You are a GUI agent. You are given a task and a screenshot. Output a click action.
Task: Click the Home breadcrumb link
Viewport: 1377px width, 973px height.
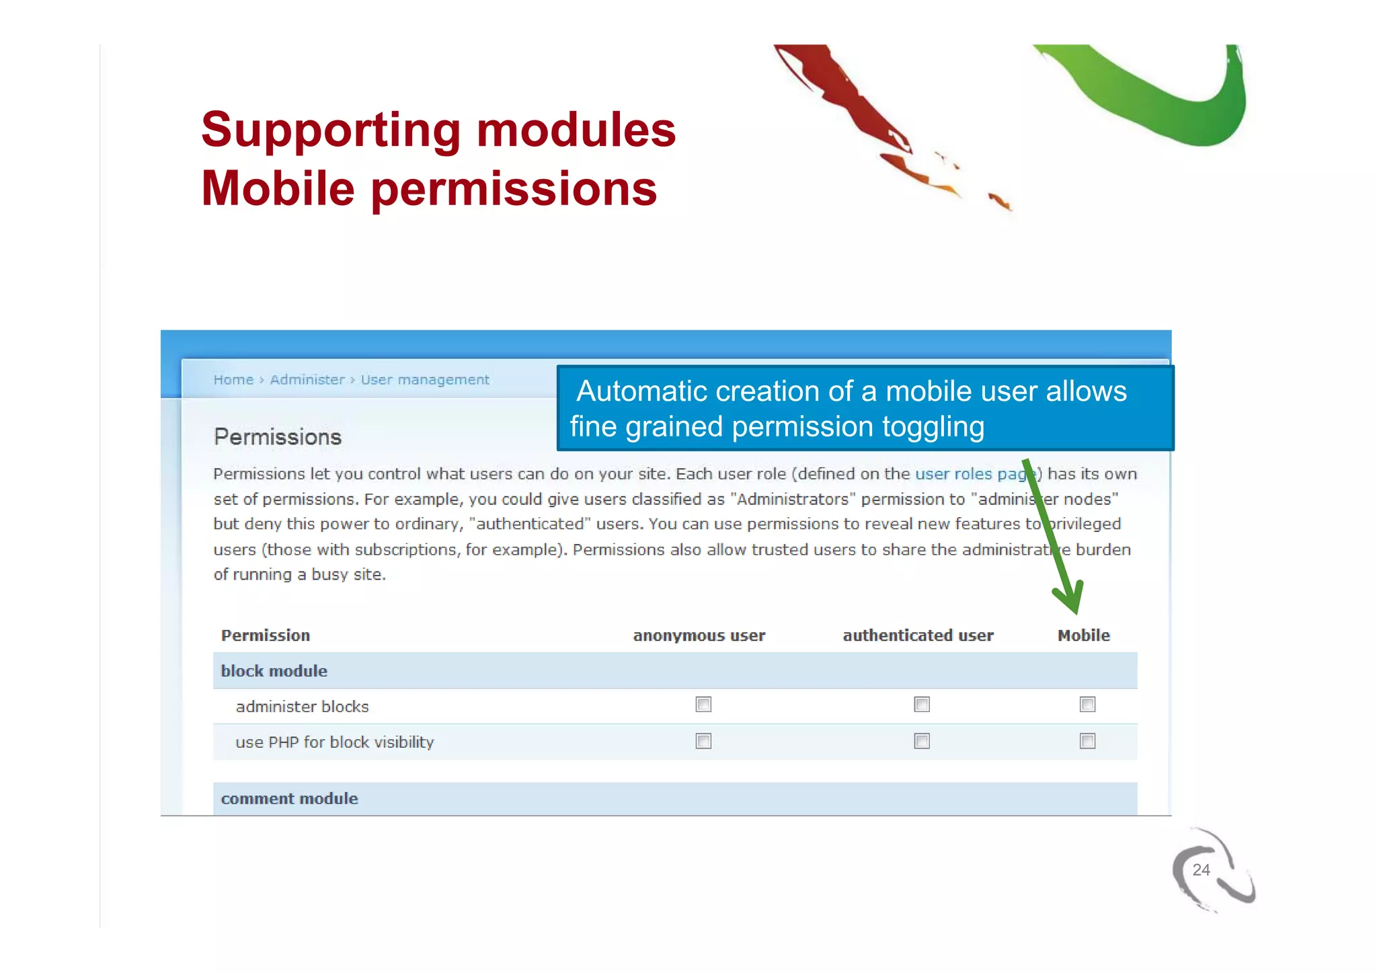point(233,380)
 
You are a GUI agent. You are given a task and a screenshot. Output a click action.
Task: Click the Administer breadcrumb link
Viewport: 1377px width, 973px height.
point(307,380)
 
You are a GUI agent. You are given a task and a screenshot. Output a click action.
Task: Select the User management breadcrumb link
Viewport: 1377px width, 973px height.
point(425,380)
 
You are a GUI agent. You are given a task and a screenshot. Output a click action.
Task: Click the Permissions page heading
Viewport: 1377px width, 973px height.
point(278,437)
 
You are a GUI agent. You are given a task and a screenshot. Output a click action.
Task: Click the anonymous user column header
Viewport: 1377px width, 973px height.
point(699,635)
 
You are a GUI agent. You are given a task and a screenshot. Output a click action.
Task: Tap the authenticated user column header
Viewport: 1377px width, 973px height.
point(918,635)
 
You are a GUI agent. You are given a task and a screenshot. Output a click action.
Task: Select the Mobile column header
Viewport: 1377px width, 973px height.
point(1083,635)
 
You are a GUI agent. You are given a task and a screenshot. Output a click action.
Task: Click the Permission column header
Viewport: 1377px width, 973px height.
point(266,635)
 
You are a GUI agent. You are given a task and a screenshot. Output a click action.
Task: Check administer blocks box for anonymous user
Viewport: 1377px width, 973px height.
point(703,705)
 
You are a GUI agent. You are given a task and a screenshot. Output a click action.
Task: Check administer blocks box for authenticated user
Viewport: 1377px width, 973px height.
point(922,705)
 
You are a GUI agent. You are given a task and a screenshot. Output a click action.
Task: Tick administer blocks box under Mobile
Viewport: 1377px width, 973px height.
point(1087,705)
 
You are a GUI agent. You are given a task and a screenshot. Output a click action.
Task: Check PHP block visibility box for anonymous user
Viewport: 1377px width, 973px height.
point(703,741)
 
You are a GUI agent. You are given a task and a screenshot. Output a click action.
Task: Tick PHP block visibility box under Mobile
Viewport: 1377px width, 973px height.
point(1087,741)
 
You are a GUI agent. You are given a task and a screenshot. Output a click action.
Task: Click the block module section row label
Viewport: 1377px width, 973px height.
point(274,671)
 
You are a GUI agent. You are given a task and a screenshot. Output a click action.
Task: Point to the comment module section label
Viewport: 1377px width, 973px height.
point(290,799)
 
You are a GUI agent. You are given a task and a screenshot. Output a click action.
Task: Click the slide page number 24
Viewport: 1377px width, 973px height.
point(1201,870)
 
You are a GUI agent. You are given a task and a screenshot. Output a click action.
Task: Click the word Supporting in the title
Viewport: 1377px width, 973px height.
point(330,130)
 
